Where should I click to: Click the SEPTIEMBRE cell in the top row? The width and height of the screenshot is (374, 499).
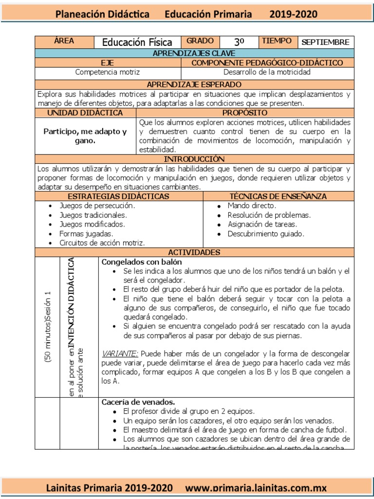tap(325, 42)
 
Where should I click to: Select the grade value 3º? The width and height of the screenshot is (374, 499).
tap(239, 42)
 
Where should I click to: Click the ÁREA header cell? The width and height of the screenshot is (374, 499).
tap(64, 41)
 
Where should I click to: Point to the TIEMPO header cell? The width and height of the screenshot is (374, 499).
tap(277, 41)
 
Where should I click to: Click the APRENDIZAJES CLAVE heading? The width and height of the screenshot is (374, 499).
tap(194, 53)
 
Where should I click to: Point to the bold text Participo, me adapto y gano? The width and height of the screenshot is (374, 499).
tap(85, 136)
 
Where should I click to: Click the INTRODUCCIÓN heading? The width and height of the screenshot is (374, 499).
tap(194, 159)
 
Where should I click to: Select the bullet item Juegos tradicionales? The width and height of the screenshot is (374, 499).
tap(93, 215)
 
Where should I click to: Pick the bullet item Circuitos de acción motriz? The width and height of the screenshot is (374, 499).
tap(102, 243)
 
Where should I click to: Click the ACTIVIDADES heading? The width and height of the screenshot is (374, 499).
tap(194, 252)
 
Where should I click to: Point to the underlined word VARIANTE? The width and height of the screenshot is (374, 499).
tap(118, 353)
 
